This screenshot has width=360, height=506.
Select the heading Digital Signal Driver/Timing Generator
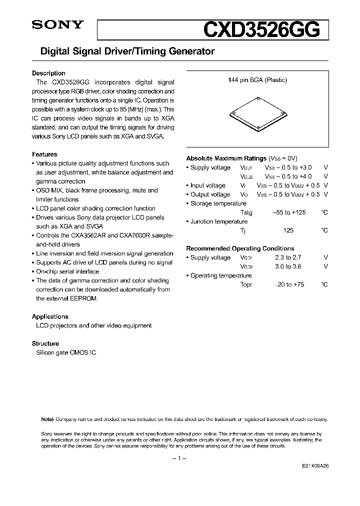click(123, 51)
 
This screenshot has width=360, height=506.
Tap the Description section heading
click(48, 73)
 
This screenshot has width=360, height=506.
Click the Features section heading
click(44, 154)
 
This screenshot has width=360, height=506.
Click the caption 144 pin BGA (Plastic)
click(257, 80)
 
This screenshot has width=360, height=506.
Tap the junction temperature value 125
click(288, 230)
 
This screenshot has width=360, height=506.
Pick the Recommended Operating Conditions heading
click(240, 248)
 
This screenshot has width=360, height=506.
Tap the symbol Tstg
click(246, 212)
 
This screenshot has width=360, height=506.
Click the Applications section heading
click(50, 316)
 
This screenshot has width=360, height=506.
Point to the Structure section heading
click(45, 343)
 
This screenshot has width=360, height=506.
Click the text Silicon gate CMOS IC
click(66, 352)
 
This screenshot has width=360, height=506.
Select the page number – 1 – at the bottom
click(179, 458)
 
